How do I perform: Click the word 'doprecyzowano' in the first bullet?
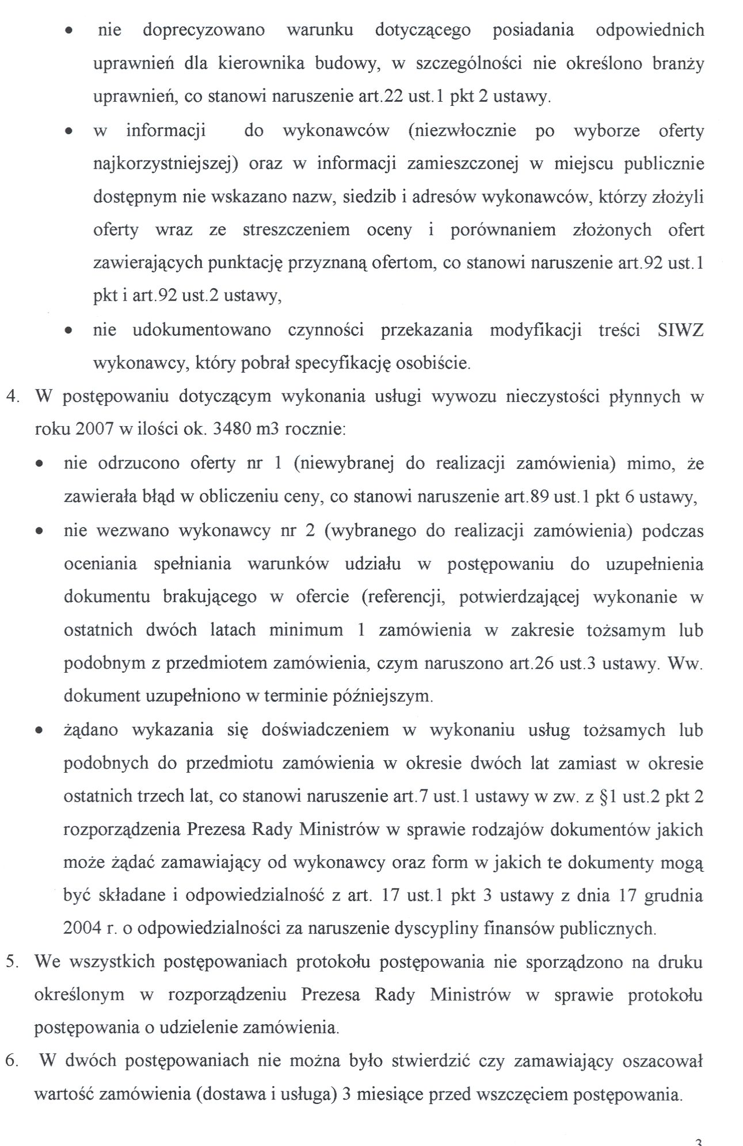coord(204,30)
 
